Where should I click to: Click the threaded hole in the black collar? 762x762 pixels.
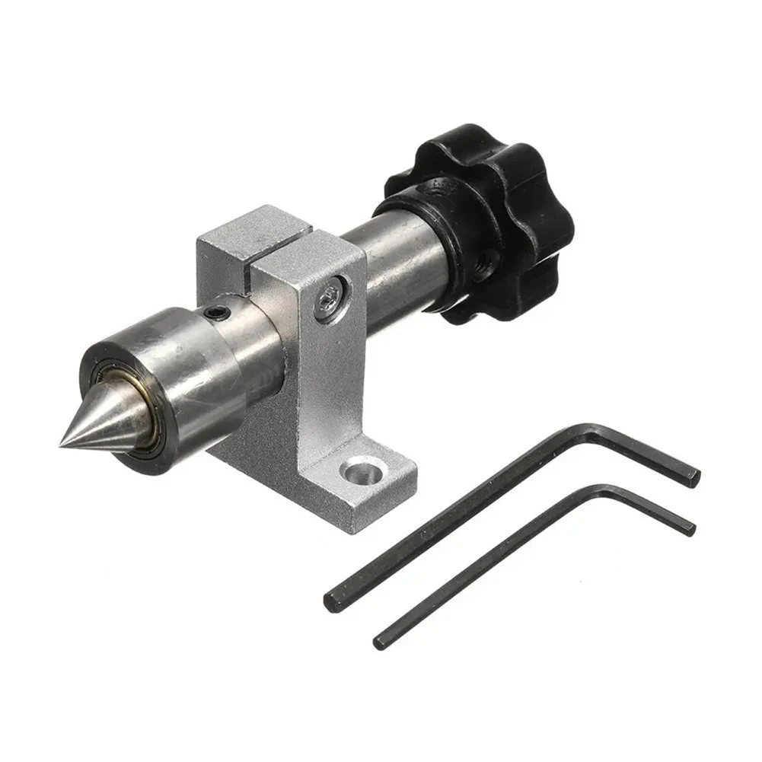pyautogui.click(x=480, y=267)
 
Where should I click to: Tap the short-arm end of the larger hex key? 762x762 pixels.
pyautogui.click(x=694, y=477)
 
